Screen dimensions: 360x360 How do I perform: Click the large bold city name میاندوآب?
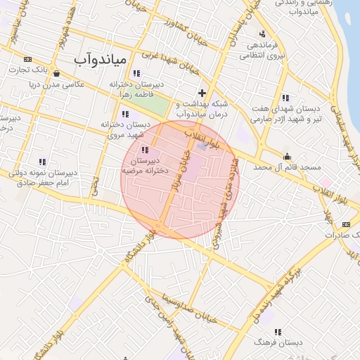tap(101, 59)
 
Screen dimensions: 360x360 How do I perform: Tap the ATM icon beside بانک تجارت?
tap(27, 59)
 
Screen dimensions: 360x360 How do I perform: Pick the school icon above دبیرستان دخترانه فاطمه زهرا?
tap(136, 73)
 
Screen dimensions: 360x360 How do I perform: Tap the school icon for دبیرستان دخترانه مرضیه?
tap(146, 150)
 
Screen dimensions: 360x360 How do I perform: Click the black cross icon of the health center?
tap(202, 92)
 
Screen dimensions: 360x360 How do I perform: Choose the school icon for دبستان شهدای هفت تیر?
tap(285, 98)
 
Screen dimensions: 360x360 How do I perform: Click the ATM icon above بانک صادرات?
tap(345, 224)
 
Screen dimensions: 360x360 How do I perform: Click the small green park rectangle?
tap(161, 106)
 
